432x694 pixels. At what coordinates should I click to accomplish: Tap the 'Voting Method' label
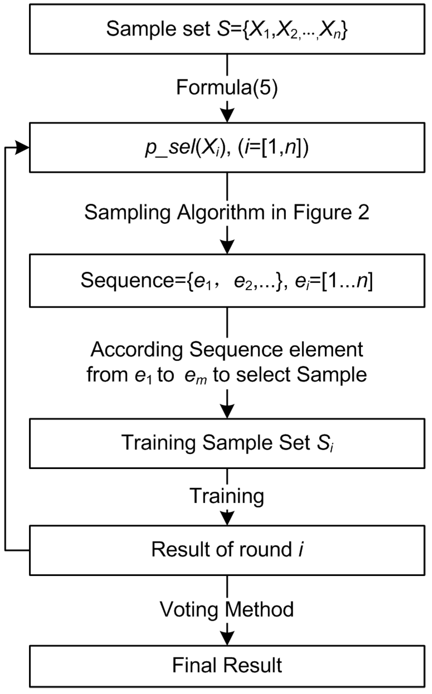pyautogui.click(x=227, y=610)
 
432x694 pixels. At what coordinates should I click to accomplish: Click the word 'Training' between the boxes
pyautogui.click(x=227, y=496)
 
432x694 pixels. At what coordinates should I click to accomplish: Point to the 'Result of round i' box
pyautogui.click(x=227, y=550)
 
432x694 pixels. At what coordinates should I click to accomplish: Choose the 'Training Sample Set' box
pyautogui.click(x=227, y=443)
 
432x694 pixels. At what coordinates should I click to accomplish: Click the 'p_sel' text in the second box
pyautogui.click(x=170, y=148)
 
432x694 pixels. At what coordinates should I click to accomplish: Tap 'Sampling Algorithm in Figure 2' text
pyautogui.click(x=227, y=213)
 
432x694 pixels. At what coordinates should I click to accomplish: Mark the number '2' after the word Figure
pyautogui.click(x=364, y=213)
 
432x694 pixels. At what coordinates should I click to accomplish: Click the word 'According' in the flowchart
pyautogui.click(x=137, y=350)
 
